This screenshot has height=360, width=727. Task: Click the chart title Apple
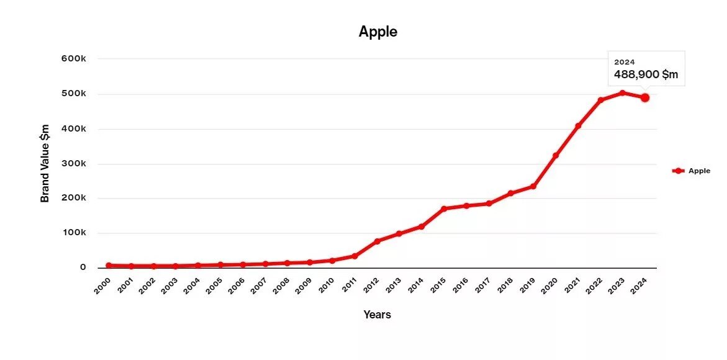click(377, 32)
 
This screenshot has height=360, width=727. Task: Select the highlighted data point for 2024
click(645, 97)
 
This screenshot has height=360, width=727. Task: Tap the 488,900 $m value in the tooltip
click(646, 75)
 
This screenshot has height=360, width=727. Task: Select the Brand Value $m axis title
click(45, 163)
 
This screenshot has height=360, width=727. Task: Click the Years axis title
click(377, 315)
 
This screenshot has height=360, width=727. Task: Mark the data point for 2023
click(623, 93)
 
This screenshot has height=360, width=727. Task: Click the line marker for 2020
click(556, 155)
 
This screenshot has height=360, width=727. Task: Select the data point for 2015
click(444, 209)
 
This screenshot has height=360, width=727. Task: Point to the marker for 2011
click(354, 256)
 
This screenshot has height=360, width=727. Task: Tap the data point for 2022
click(600, 100)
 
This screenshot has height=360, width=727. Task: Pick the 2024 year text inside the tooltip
click(624, 62)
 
